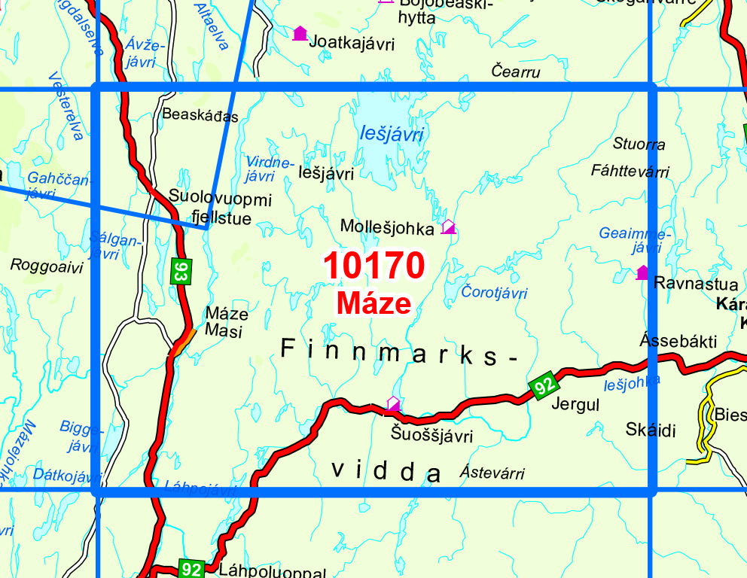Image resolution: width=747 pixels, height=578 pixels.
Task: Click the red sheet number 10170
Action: tap(374, 265)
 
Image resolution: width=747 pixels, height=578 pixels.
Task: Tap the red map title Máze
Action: tap(374, 303)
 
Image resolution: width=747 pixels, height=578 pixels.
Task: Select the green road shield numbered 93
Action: tap(179, 271)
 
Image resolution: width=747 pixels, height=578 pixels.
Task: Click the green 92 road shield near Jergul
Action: tap(544, 386)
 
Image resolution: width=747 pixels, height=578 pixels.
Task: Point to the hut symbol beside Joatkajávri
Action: tap(300, 33)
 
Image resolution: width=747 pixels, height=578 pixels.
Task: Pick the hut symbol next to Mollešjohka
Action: tap(448, 226)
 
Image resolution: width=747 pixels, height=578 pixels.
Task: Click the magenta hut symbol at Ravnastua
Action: tap(642, 272)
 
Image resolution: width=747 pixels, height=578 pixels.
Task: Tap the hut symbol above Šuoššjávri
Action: tap(393, 404)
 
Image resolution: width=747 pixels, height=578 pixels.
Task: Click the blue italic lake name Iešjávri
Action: tap(392, 135)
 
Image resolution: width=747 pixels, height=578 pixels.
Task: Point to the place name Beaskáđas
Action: tap(200, 116)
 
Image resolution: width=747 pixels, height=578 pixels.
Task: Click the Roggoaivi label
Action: tap(47, 265)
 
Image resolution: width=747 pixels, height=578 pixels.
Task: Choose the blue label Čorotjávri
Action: tap(494, 293)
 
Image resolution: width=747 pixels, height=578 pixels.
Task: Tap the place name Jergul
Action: tap(575, 404)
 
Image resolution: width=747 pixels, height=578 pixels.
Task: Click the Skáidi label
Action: tap(651, 430)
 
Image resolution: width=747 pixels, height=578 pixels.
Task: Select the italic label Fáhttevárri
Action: tap(630, 172)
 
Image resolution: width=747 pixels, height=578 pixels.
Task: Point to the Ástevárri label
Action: tap(492, 473)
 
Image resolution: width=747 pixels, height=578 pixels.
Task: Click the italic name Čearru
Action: tap(516, 71)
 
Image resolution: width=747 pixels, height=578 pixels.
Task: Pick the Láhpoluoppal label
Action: tap(272, 570)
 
